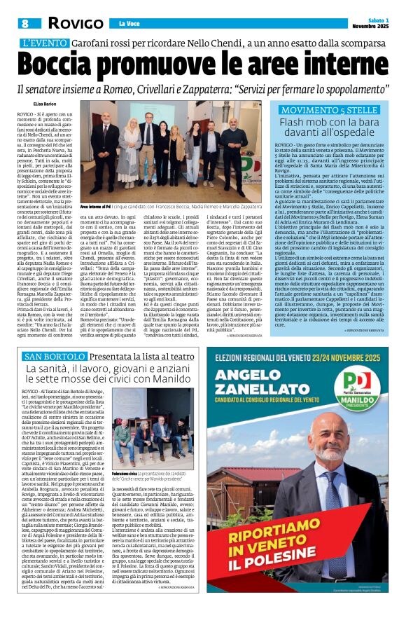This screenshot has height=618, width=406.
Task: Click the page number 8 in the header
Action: (24, 24)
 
